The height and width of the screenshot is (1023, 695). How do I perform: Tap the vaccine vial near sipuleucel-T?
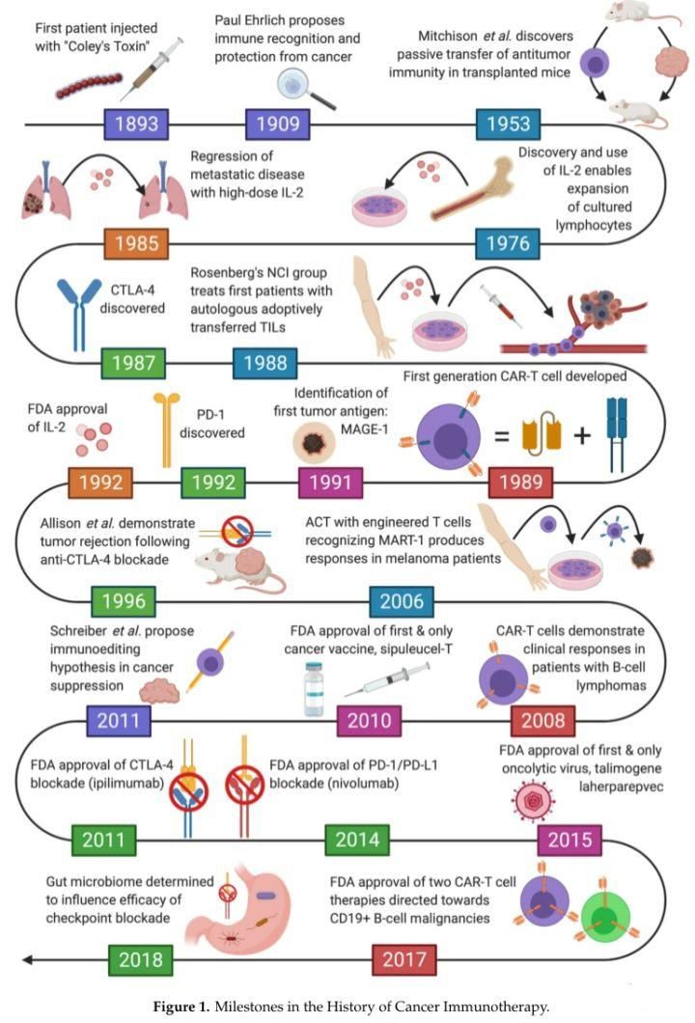pyautogui.click(x=315, y=689)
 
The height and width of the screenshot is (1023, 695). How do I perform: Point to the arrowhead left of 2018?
pyautogui.click(x=29, y=959)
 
